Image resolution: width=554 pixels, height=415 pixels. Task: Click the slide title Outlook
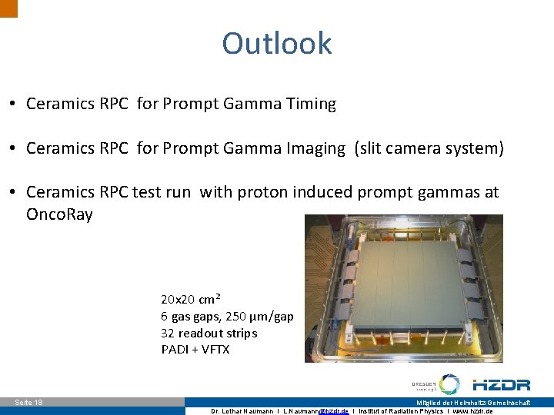point(277,43)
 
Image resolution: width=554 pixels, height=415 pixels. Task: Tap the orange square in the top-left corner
point(8,8)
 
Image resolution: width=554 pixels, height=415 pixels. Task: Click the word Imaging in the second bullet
point(315,148)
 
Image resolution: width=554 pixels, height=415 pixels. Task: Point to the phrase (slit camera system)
point(429,148)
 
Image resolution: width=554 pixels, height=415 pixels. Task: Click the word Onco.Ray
point(59,214)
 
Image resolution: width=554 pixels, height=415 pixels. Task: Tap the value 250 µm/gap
point(259,316)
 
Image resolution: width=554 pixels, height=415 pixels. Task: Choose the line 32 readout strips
point(209,333)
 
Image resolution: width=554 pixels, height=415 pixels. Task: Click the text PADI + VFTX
point(195,350)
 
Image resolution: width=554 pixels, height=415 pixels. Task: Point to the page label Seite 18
point(29,403)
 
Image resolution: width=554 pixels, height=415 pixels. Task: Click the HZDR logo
point(501,385)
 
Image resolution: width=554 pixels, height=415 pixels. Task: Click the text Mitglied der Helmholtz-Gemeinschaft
point(483,403)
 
